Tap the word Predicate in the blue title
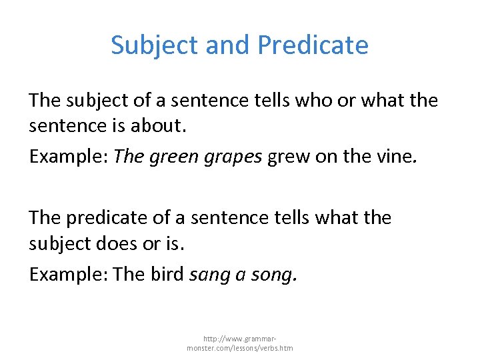(313, 45)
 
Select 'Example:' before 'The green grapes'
(69, 157)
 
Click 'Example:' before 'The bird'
(69, 273)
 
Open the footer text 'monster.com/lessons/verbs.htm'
(239, 347)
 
